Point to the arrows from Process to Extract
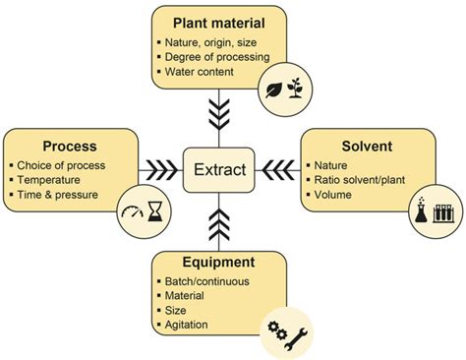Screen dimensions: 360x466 point(160,169)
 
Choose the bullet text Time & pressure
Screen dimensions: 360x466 point(57,197)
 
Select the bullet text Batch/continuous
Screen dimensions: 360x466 point(209,282)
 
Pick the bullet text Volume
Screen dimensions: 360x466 point(331,195)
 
